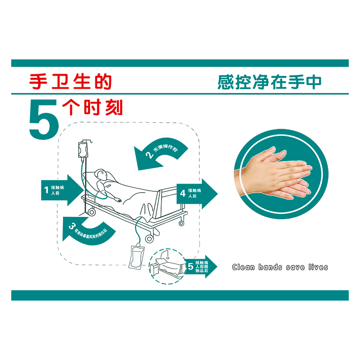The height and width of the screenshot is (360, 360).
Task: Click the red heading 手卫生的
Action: tap(70, 81)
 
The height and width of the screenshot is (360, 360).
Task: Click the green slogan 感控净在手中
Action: tap(270, 82)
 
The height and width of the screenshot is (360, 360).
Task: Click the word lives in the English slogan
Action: tap(318, 267)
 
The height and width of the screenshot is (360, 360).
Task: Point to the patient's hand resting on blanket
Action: tap(118, 198)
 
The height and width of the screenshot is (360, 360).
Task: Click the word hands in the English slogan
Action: tap(270, 267)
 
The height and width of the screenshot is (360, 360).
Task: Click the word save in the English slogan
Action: tap(296, 267)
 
